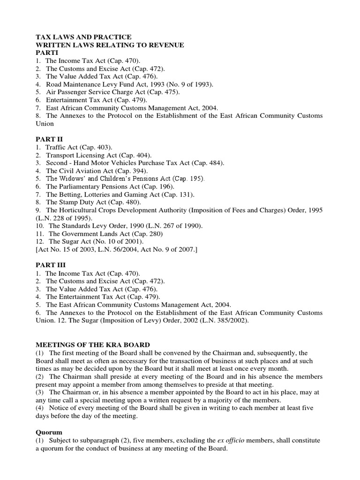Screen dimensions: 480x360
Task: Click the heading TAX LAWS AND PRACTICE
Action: click(x=83, y=37)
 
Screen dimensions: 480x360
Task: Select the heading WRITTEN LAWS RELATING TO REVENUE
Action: click(x=110, y=45)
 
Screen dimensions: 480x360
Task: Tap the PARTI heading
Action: click(x=46, y=53)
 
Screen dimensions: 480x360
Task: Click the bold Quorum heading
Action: click(x=48, y=431)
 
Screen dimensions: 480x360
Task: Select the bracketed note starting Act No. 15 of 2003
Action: click(x=117, y=249)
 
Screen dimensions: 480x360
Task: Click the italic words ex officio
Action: click(x=232, y=439)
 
